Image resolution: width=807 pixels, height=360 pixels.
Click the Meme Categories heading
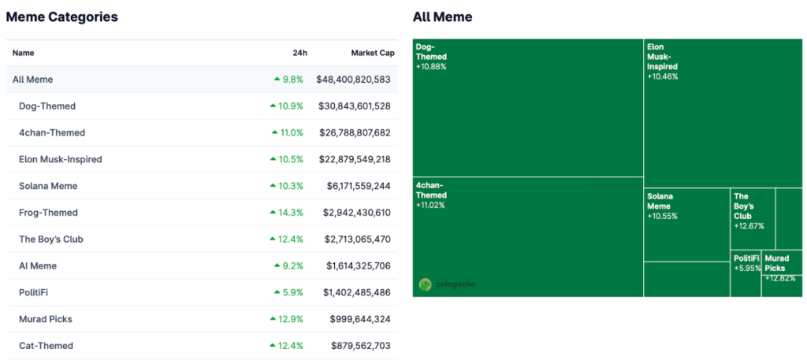tap(62, 17)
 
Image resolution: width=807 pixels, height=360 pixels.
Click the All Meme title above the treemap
tap(442, 17)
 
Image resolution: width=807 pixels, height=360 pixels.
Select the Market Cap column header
tap(372, 53)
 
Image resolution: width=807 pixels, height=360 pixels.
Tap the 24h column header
tap(299, 53)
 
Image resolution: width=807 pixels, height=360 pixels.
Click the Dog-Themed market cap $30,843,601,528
tap(355, 106)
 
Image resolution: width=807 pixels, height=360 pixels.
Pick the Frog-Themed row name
tap(48, 213)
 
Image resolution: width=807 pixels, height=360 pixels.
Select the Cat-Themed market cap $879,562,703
tap(360, 346)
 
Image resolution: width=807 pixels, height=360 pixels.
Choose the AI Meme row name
tap(38, 266)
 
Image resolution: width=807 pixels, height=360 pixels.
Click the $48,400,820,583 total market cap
tap(353, 80)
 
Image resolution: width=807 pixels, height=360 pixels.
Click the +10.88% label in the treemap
tap(431, 67)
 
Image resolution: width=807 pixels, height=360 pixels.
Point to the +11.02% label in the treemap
tap(430, 205)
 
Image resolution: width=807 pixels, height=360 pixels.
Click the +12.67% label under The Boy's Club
tap(749, 226)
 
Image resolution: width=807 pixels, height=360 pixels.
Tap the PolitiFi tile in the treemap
tap(746, 258)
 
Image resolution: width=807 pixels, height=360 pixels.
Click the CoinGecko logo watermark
tap(448, 284)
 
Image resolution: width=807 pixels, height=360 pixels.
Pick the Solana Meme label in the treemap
tap(660, 201)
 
